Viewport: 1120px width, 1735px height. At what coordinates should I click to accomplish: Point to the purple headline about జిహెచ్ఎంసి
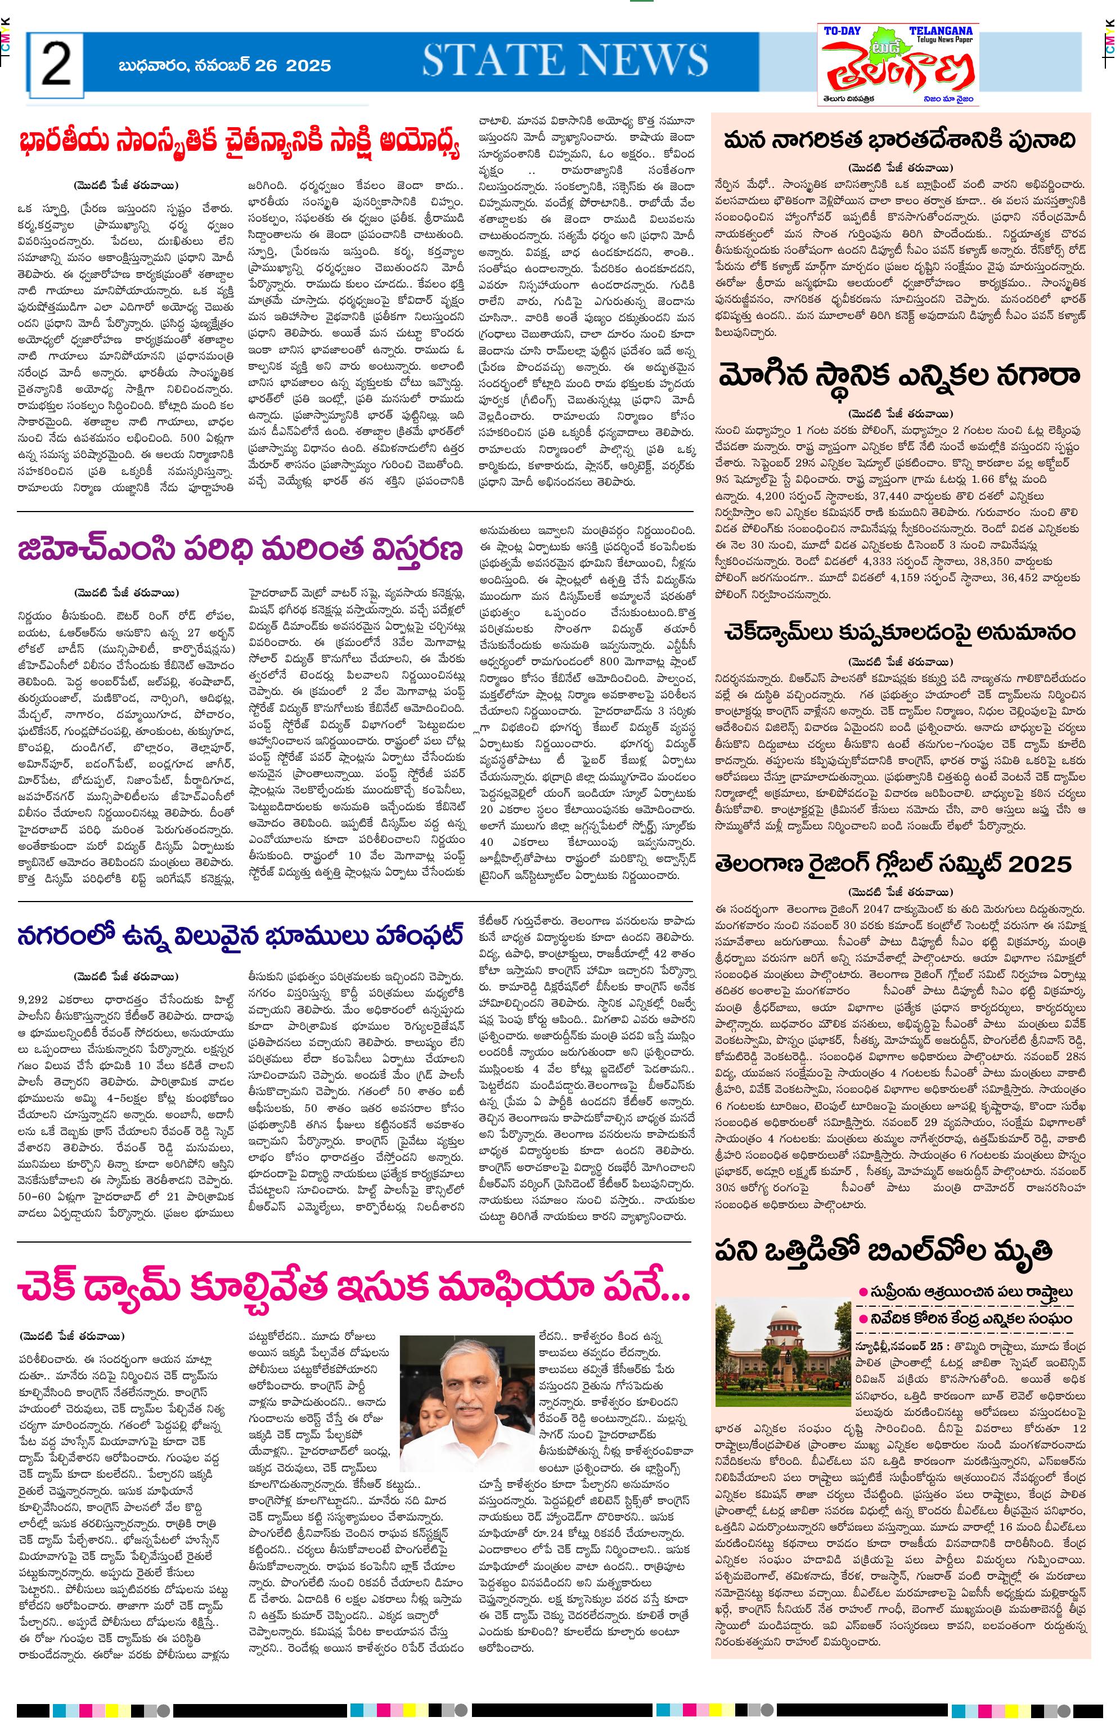(x=240, y=549)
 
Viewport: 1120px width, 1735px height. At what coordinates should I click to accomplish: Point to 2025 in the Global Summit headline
(x=1041, y=864)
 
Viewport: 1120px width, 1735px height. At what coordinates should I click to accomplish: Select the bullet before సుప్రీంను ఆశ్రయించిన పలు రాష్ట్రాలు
(x=863, y=1292)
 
